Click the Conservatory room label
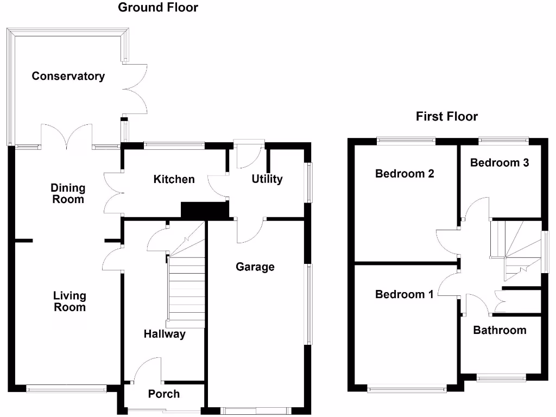click(x=68, y=76)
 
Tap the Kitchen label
click(x=174, y=179)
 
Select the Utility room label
click(x=267, y=179)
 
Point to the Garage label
click(x=255, y=267)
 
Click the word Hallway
click(x=165, y=334)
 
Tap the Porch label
click(x=164, y=394)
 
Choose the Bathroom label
click(x=500, y=330)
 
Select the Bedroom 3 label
click(x=500, y=162)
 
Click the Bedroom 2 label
click(x=405, y=173)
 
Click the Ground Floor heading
click(x=158, y=7)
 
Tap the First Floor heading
click(x=447, y=116)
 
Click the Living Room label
click(x=70, y=301)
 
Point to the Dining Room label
click(x=68, y=193)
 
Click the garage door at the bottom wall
click(x=256, y=410)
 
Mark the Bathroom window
click(x=501, y=378)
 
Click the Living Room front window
click(x=67, y=389)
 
